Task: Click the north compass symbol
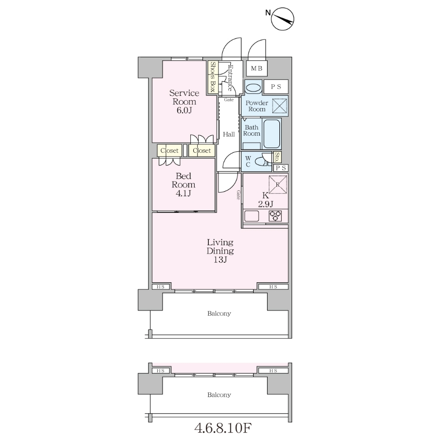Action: point(282,19)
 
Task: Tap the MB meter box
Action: point(256,69)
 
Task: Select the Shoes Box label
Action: point(213,77)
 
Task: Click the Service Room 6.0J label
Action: point(184,101)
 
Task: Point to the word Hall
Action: point(229,134)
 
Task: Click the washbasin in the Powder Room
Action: point(254,88)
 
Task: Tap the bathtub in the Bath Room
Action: point(272,134)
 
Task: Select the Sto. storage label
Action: point(277,157)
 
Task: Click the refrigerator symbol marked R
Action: point(278,184)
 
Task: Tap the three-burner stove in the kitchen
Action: point(275,216)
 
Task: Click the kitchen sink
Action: point(252,216)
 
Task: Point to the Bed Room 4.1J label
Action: point(183,184)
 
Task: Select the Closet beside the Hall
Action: point(201,150)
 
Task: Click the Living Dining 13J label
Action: point(220,251)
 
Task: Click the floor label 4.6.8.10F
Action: point(223,428)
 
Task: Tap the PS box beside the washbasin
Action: point(276,87)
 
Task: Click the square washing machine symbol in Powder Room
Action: point(280,106)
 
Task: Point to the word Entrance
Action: point(230,78)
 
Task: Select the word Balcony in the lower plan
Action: point(219,395)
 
